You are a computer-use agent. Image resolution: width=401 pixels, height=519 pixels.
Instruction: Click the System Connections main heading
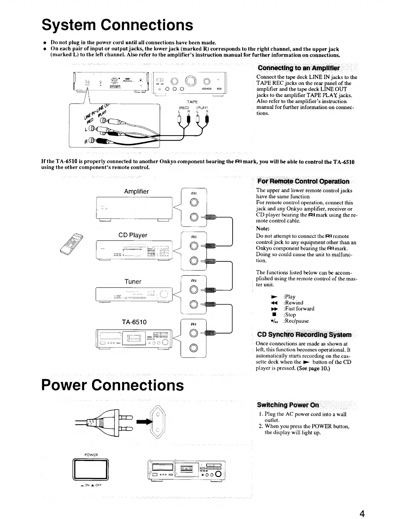(117, 25)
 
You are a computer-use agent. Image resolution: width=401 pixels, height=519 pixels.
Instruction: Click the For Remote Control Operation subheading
(303, 182)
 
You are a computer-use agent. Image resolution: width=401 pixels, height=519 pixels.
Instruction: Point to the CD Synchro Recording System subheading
(304, 335)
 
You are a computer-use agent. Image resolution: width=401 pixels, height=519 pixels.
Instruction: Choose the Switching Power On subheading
(288, 405)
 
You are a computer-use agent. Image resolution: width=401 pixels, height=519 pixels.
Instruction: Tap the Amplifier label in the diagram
(136, 191)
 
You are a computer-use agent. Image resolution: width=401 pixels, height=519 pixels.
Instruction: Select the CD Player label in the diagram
(133, 235)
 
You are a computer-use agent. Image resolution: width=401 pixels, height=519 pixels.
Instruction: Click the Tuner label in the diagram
(133, 281)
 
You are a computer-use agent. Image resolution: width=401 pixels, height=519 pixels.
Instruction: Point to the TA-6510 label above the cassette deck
(134, 322)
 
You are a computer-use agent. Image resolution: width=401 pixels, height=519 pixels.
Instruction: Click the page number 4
(362, 513)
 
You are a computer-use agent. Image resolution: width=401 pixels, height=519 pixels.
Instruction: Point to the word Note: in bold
(263, 228)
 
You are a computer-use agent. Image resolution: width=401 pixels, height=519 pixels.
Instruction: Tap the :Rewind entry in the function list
(293, 302)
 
